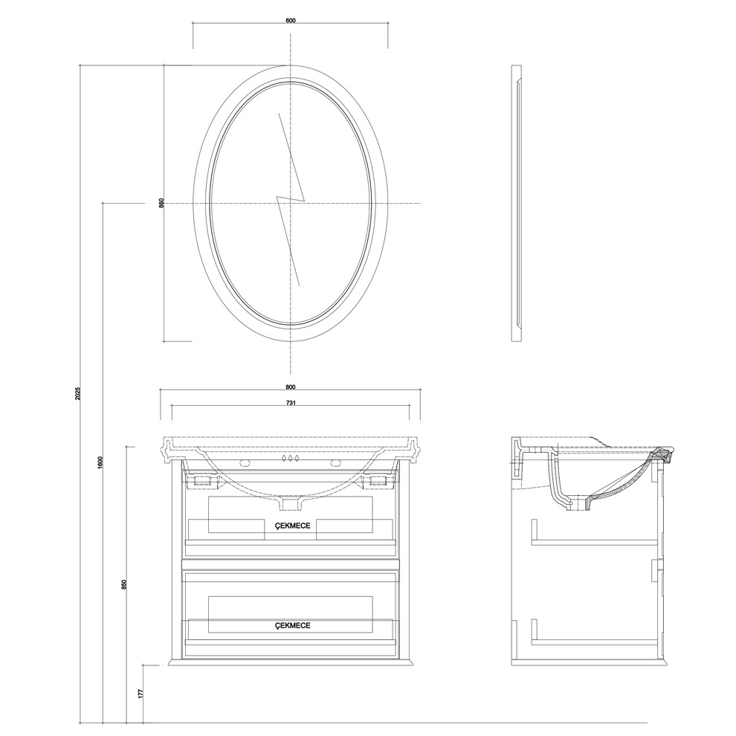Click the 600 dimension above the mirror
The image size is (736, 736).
pyautogui.click(x=290, y=20)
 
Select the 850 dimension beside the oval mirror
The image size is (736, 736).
pyautogui.click(x=161, y=203)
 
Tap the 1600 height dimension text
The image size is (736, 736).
pyautogui.click(x=100, y=462)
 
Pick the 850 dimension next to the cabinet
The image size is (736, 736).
pyautogui.click(x=125, y=584)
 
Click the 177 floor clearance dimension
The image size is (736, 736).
pyautogui.click(x=140, y=694)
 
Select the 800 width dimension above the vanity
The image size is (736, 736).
pyautogui.click(x=290, y=387)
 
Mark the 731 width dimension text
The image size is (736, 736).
pyautogui.click(x=291, y=403)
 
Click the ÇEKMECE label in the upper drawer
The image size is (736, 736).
pyautogui.click(x=291, y=525)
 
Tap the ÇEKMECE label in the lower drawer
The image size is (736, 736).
pyautogui.click(x=291, y=626)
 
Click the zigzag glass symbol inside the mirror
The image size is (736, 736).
pyautogui.click(x=291, y=198)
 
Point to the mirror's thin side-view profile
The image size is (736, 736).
pyautogui.click(x=516, y=203)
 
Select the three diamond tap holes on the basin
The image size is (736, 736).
pyautogui.click(x=290, y=459)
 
